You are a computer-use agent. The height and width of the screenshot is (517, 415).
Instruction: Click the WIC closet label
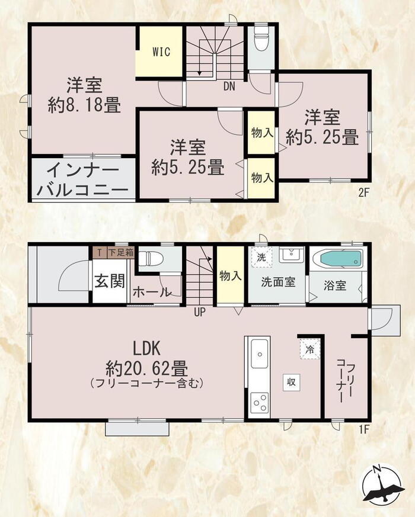161,52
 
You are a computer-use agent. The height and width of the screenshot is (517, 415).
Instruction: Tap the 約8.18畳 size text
84,105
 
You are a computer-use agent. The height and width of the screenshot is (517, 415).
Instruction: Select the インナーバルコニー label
82,180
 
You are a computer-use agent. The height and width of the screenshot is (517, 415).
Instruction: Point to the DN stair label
229,86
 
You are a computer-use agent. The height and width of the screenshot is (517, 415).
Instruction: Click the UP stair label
200,312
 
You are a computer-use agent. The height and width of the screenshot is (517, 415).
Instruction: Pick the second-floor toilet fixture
261,38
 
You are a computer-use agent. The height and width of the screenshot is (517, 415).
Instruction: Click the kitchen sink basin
260,354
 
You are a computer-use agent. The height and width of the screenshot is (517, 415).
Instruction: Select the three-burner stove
260,402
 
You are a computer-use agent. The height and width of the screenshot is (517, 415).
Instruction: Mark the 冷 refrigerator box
310,349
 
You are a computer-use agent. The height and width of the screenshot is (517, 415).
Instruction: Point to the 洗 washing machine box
261,257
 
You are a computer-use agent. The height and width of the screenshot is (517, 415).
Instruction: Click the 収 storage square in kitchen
291,383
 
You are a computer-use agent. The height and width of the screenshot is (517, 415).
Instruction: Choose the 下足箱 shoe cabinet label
121,253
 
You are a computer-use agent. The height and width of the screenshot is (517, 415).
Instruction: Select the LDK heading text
146,348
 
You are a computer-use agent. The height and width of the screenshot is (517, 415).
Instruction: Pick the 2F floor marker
363,193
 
